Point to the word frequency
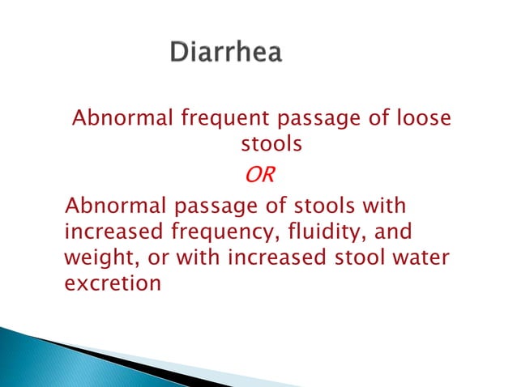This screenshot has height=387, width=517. coord(216,233)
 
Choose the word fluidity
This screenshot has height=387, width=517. coord(314,233)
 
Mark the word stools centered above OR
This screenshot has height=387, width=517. coord(271,146)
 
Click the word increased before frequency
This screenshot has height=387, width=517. coord(113,233)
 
